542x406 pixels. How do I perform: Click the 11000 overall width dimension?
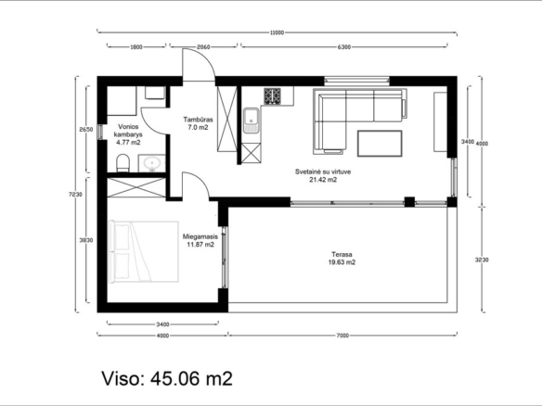coord(277,32)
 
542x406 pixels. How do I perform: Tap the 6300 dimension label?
coord(344,47)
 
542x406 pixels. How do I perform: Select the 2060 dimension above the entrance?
coord(203,47)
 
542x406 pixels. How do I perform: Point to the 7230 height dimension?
coord(75,195)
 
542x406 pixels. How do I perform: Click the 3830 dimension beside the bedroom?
coord(86,240)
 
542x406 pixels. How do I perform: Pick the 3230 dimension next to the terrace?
coord(482,260)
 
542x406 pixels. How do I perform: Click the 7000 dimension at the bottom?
coord(342,336)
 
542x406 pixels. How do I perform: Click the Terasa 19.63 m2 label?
coord(342,259)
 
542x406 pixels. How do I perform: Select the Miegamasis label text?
coord(200,237)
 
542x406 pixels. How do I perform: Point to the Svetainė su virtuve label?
coord(323,171)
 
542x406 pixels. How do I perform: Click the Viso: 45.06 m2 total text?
coord(167,378)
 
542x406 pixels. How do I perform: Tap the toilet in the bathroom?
coord(123,163)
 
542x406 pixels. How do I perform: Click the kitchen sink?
coord(251,121)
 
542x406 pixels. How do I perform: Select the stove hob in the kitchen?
coord(272,96)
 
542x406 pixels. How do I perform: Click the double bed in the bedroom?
coord(144,252)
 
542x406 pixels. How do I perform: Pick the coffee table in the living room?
coord(380,144)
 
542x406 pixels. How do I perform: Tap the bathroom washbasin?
coord(152,163)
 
